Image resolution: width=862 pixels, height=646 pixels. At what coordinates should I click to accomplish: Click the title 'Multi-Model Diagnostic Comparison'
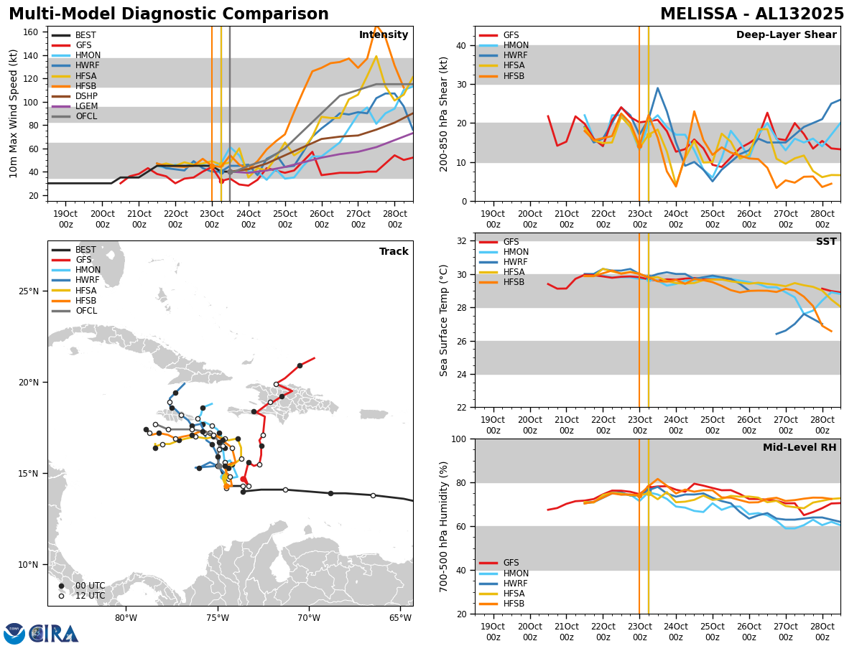[x=169, y=14]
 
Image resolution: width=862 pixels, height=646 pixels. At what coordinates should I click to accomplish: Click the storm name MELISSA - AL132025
[x=752, y=14]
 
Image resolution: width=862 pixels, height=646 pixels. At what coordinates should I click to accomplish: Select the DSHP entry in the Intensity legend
[x=86, y=96]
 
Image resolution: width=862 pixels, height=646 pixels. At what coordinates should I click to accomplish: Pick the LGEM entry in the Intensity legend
[x=86, y=106]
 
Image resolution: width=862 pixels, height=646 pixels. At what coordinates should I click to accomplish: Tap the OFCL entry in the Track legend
[x=86, y=311]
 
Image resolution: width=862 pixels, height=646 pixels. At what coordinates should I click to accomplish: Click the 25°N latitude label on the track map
[x=29, y=291]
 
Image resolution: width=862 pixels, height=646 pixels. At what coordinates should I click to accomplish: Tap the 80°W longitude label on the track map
[x=126, y=618]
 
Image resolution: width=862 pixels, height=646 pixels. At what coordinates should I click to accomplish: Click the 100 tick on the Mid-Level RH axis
[x=458, y=439]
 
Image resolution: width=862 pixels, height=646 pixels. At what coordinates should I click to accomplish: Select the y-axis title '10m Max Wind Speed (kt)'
[x=14, y=113]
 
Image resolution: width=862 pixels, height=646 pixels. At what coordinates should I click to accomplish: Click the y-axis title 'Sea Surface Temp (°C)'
[x=445, y=320]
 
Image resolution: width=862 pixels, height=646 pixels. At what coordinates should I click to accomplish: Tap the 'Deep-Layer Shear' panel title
[x=786, y=35]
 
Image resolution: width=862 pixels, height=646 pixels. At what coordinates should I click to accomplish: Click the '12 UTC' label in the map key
[x=89, y=596]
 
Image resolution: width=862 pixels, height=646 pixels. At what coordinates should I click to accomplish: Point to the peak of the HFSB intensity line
[x=376, y=26]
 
